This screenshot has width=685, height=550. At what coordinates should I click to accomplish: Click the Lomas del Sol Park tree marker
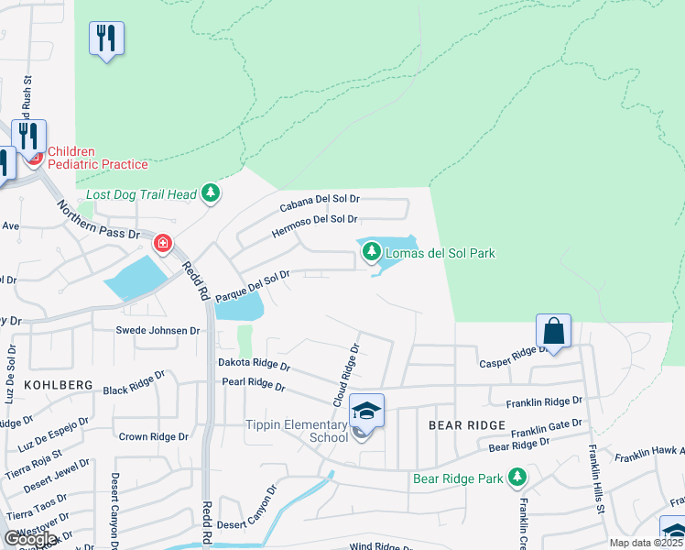pyautogui.click(x=372, y=252)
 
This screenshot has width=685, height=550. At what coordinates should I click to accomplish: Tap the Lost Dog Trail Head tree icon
pyautogui.click(x=212, y=193)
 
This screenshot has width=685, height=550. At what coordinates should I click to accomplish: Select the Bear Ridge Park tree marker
pyautogui.click(x=517, y=478)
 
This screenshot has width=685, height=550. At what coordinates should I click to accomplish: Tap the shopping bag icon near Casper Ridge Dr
pyautogui.click(x=554, y=330)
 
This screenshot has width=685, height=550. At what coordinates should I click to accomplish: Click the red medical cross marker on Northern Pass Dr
pyautogui.click(x=162, y=243)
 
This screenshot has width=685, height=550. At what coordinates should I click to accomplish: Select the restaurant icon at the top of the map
pyautogui.click(x=106, y=38)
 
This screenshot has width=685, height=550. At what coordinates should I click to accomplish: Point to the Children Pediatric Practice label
pyautogui.click(x=97, y=158)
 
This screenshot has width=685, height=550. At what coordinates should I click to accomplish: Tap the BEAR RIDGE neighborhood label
pyautogui.click(x=467, y=425)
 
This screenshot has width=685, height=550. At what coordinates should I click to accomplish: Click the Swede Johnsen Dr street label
pyautogui.click(x=158, y=330)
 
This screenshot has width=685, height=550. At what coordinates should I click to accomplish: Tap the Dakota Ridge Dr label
pyautogui.click(x=254, y=364)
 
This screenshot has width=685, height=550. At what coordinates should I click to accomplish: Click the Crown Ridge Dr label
pyautogui.click(x=153, y=437)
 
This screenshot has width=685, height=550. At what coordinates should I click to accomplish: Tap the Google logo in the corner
pyautogui.click(x=30, y=539)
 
